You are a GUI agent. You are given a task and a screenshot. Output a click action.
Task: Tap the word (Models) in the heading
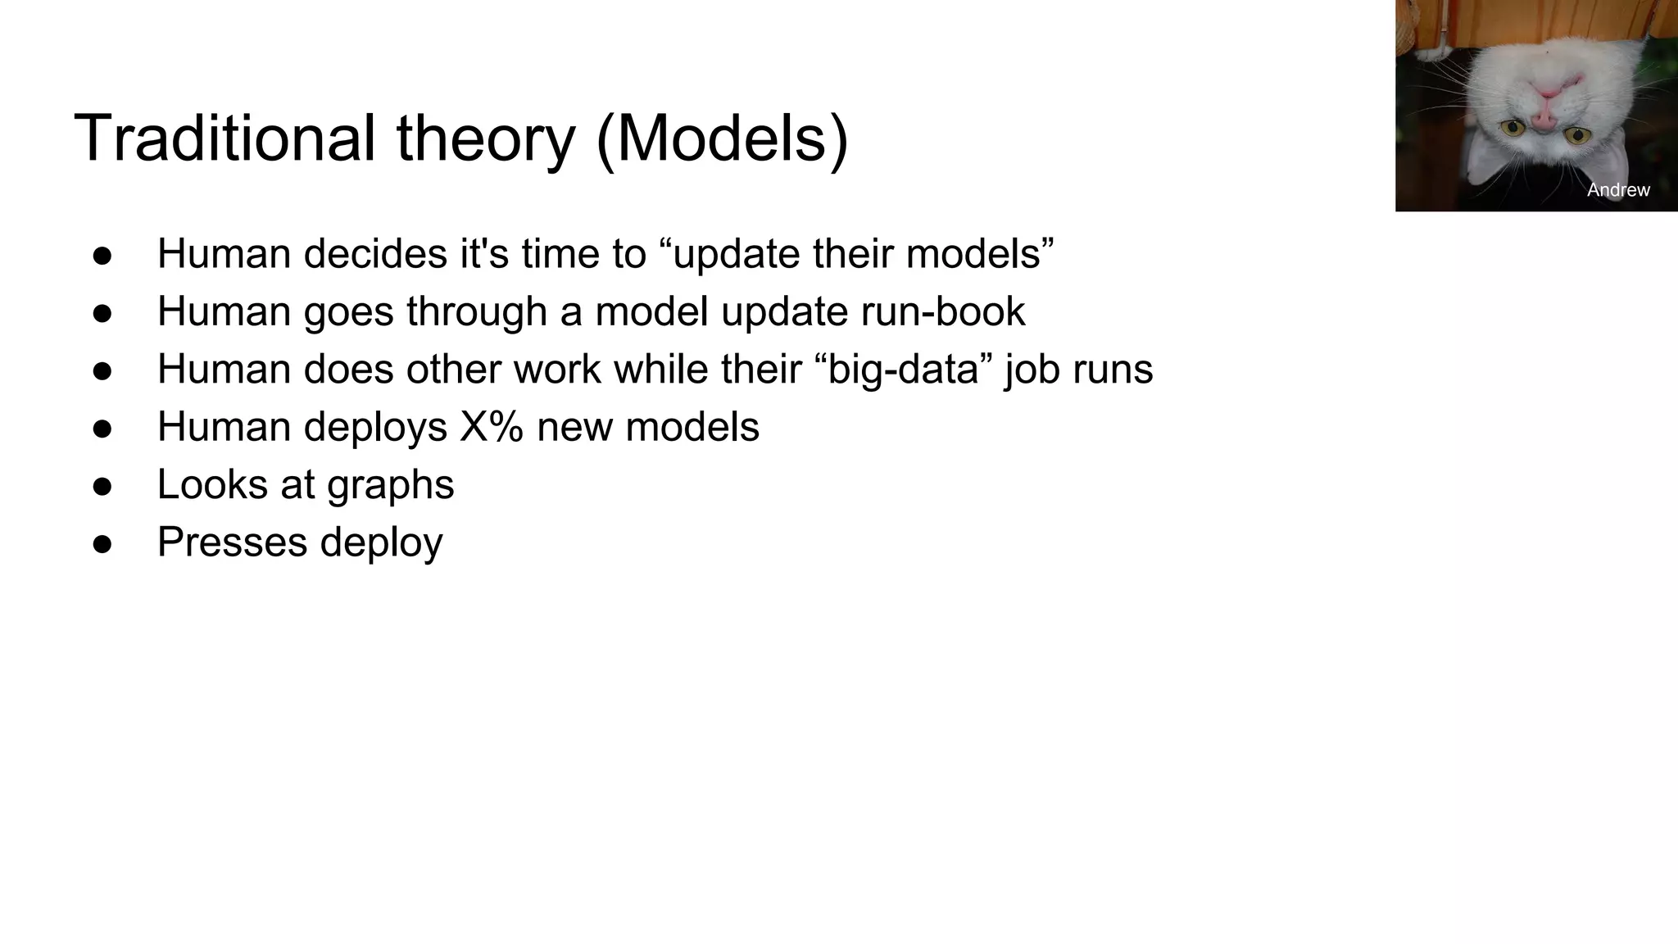pos(722,139)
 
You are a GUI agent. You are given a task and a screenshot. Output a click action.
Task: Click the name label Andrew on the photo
pos(1617,190)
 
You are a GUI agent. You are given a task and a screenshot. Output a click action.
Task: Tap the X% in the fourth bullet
pos(491,427)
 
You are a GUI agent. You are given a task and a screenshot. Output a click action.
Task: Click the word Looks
pos(212,484)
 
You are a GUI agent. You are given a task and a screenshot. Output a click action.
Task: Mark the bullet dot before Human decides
pos(102,255)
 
